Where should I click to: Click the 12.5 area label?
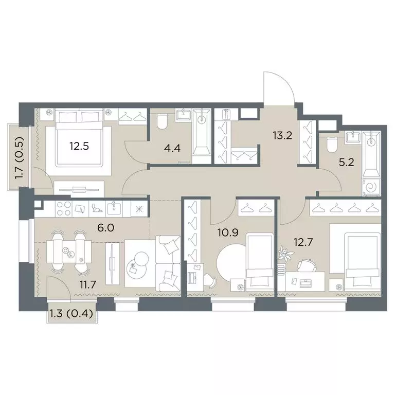click(79, 146)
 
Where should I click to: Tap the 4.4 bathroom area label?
click(172, 148)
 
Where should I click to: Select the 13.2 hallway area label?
click(282, 136)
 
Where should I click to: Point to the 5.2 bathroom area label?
click(346, 163)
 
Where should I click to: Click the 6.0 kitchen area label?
click(106, 228)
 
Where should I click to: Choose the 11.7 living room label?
click(88, 285)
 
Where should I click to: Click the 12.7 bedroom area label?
click(303, 242)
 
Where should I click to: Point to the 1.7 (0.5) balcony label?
click(20, 158)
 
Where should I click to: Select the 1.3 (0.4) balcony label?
click(71, 314)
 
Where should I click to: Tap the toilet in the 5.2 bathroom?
click(332, 145)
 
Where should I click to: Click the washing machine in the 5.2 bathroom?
click(371, 187)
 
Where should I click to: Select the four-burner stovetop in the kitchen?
click(64, 209)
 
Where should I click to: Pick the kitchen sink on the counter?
click(114, 209)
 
